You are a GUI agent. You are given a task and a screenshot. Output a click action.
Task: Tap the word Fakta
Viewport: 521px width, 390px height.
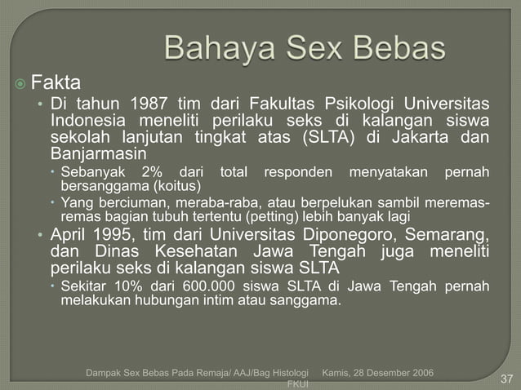56,82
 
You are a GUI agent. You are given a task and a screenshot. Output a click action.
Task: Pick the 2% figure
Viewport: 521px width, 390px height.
152,172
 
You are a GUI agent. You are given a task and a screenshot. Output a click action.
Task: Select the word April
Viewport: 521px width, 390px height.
72,236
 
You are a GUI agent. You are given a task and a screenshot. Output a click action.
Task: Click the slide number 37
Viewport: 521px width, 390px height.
506,378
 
